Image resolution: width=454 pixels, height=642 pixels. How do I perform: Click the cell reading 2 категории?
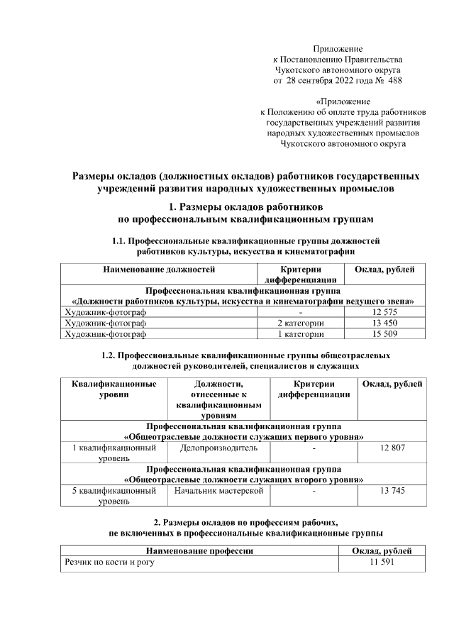point(301,323)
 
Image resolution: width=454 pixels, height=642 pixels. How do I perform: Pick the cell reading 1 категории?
point(301,333)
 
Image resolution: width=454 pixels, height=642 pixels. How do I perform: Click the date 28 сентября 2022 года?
point(328,81)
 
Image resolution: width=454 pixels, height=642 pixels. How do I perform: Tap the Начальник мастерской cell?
point(218,490)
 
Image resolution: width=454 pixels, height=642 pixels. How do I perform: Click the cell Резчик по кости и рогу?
point(109,562)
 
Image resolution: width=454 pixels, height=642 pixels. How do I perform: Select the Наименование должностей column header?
point(159,270)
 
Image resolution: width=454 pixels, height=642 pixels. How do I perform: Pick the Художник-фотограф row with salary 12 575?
point(105,312)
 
